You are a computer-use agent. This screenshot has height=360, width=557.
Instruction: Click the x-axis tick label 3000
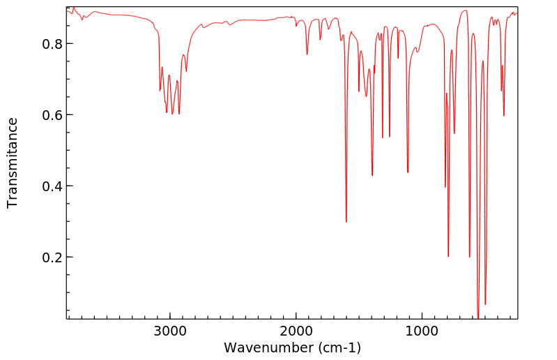[170, 331]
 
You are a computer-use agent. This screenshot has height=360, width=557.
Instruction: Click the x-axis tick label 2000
[296, 331]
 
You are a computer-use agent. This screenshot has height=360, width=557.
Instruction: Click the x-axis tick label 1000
[422, 331]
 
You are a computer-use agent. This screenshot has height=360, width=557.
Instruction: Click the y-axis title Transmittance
[13, 163]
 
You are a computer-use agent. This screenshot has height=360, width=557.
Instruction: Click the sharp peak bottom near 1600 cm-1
[346, 222]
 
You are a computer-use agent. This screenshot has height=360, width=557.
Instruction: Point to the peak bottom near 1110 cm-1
[408, 172]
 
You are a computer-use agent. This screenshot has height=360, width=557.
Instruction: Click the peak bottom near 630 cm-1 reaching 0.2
[469, 257]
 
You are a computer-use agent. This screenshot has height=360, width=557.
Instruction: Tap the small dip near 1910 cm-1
[307, 54]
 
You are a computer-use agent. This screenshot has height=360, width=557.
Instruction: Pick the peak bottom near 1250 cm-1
[390, 137]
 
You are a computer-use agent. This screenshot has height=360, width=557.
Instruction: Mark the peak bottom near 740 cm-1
[455, 133]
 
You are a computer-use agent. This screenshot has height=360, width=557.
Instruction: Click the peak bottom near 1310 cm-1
[383, 137]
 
